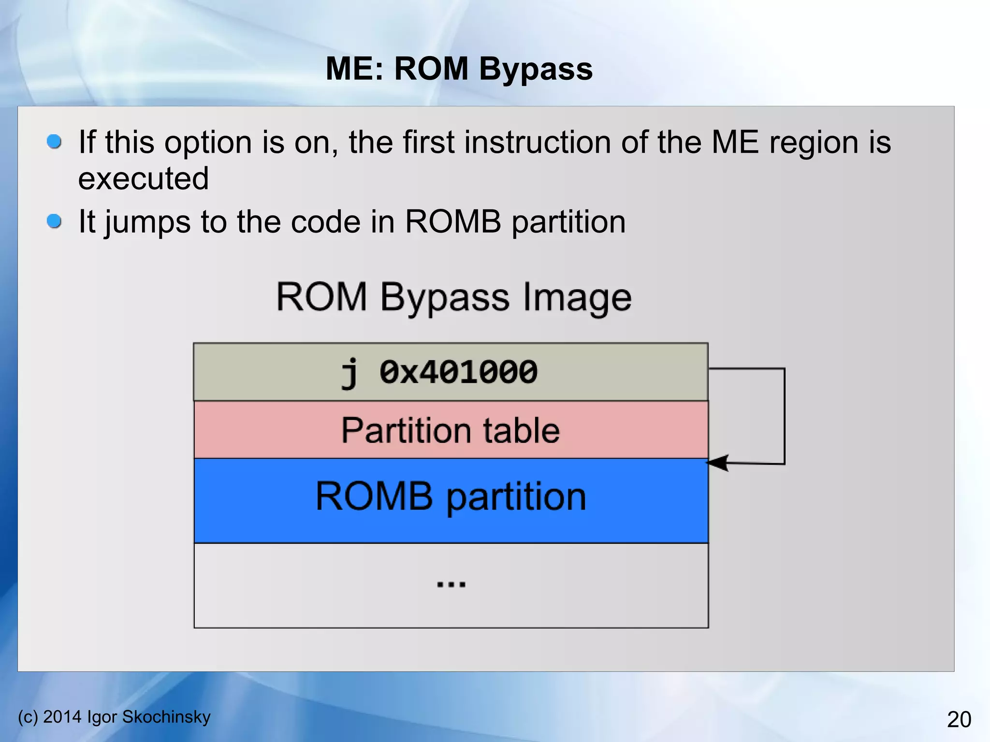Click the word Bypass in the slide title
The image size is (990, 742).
(535, 69)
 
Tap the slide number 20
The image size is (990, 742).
(959, 719)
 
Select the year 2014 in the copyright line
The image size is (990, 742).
(62, 717)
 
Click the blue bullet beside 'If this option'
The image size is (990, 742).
(54, 142)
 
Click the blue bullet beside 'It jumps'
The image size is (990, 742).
(54, 221)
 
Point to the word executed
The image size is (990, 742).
(143, 178)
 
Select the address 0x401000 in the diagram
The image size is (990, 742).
(458, 372)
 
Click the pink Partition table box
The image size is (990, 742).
(451, 430)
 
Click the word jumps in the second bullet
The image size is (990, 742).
(147, 222)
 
